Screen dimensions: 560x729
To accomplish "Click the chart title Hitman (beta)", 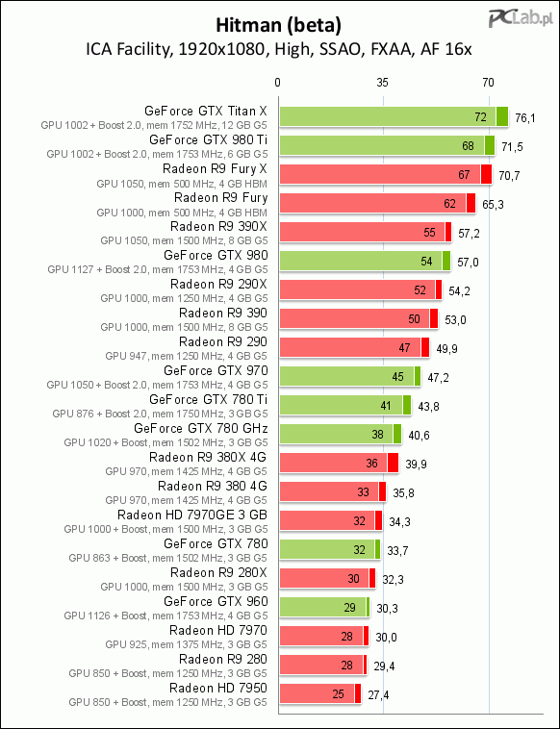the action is tap(279, 26).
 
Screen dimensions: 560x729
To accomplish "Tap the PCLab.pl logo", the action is tap(521, 19).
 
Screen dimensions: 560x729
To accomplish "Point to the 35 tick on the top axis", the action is tap(382, 83).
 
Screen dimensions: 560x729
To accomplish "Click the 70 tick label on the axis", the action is tap(488, 83).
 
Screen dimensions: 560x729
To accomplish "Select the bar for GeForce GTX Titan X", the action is tap(394, 116).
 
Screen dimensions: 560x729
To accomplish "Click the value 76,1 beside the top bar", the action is tap(525, 118).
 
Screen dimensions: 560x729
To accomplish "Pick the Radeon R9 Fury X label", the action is tap(215, 168).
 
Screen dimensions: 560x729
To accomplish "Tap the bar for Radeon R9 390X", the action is tap(366, 232).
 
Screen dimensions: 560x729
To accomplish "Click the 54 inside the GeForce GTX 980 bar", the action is tap(426, 262).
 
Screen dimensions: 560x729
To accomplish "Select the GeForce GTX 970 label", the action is tap(216, 370).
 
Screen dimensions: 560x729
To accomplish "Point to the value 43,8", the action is tap(428, 407).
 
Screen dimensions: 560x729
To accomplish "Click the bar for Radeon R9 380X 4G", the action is tap(339, 463).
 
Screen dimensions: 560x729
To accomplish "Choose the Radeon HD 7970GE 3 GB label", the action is tap(192, 515).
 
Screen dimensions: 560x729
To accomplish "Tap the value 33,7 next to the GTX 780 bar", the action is tap(397, 550).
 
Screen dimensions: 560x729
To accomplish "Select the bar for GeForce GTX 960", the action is tap(324, 607).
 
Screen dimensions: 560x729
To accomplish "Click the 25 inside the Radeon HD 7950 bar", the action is tap(338, 693).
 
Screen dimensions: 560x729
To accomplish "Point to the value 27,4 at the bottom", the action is tap(378, 694).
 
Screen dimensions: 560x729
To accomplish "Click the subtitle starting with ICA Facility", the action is tap(279, 49).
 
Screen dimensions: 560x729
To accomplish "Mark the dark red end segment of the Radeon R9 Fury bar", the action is tap(471, 203).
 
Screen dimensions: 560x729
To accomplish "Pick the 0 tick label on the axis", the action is tap(278, 83).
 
